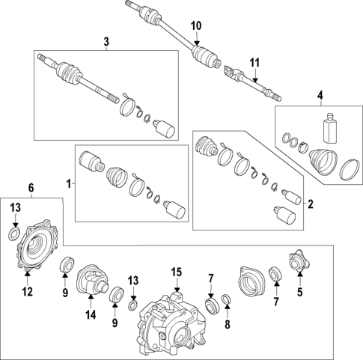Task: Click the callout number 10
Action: (196, 26)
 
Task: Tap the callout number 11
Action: (254, 63)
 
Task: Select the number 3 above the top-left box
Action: (106, 42)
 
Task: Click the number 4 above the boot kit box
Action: (320, 96)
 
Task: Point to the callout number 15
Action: (177, 272)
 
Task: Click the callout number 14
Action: (91, 315)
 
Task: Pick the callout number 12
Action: (27, 291)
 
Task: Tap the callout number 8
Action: (228, 325)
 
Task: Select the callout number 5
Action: (299, 292)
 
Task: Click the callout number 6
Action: (31, 188)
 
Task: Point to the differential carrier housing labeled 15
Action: (172, 324)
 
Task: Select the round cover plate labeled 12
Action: (37, 245)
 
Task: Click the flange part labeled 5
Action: (299, 260)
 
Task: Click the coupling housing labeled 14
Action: (92, 281)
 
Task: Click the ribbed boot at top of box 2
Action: (206, 147)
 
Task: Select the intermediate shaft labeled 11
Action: (252, 82)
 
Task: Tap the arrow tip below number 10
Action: (197, 45)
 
